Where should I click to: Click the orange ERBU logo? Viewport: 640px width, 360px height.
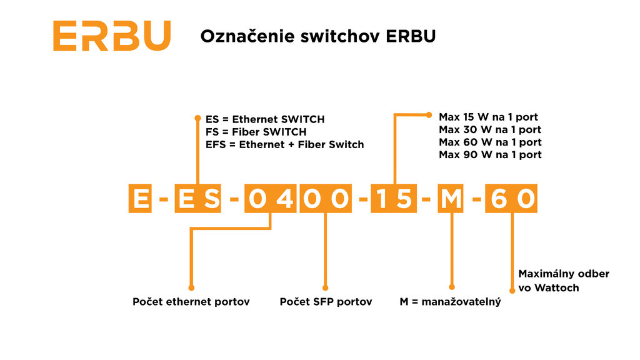(x=112, y=36)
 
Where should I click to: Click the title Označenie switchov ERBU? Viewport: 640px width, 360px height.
(x=317, y=36)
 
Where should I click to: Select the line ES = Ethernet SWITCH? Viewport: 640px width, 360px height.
(x=265, y=119)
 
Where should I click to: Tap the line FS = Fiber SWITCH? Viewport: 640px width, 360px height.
(x=256, y=132)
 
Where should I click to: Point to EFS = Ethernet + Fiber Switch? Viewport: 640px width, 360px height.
(x=284, y=144)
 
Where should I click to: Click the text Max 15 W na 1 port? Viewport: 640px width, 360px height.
(x=488, y=117)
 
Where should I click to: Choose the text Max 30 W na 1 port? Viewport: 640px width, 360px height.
(x=489, y=130)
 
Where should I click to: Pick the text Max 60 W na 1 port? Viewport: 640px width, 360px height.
(x=489, y=142)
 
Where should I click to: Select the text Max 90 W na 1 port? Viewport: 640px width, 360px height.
(x=489, y=154)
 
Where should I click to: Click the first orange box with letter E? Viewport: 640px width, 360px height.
(x=141, y=199)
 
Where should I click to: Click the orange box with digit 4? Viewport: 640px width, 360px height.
(x=284, y=199)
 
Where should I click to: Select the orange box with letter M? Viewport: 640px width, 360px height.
(x=451, y=199)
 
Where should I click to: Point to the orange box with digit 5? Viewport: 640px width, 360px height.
(x=404, y=199)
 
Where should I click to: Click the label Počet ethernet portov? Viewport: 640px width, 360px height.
(x=191, y=302)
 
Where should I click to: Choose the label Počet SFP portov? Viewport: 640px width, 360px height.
(x=326, y=302)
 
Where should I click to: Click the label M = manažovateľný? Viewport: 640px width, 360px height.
(x=450, y=302)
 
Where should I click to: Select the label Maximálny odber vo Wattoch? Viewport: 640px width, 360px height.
(x=563, y=281)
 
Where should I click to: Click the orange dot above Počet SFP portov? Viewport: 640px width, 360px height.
(x=324, y=287)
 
